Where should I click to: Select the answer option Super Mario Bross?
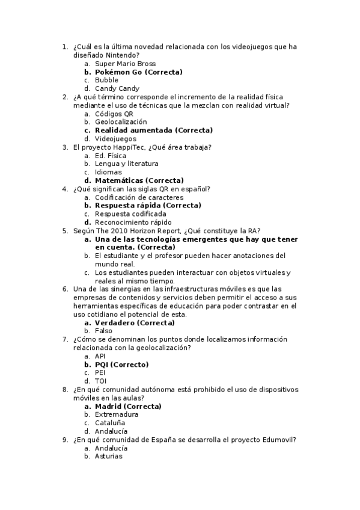point(125,64)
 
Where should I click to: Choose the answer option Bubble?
point(106,81)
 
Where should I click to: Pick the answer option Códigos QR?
point(114,114)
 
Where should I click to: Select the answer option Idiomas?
point(108,172)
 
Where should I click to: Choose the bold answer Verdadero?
point(115,322)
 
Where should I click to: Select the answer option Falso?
point(103,331)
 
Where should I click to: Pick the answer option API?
point(100,356)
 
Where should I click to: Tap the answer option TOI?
point(100,381)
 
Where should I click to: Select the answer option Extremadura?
point(117,415)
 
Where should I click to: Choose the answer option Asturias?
point(108,456)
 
